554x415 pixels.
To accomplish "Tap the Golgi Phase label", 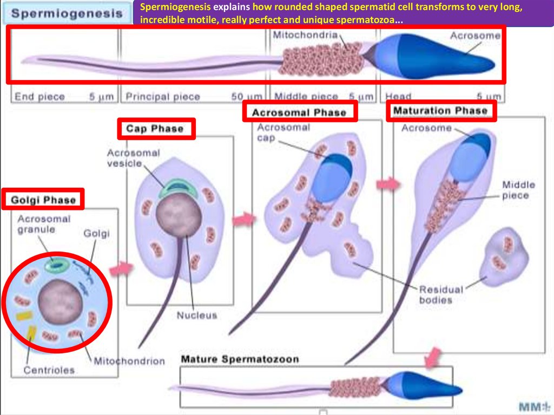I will click(x=43, y=200).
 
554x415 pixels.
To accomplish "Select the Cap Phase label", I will click(x=155, y=129).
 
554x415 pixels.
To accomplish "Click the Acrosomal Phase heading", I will click(x=299, y=112).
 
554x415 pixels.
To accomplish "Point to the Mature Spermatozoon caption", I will click(x=240, y=359).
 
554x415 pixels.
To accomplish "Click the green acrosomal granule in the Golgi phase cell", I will click(x=57, y=265).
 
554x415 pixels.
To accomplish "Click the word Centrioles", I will click(x=49, y=371).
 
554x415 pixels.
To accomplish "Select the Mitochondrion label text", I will click(x=129, y=361).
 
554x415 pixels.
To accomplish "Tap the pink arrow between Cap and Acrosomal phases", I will click(x=243, y=219).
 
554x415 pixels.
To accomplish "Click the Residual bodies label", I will click(x=440, y=294).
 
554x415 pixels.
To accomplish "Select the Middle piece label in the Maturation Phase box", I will click(x=518, y=190).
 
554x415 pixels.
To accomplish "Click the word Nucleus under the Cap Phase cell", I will click(x=196, y=315).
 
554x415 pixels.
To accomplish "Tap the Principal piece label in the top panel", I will click(x=163, y=97).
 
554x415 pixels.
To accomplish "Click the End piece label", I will click(x=39, y=97).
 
